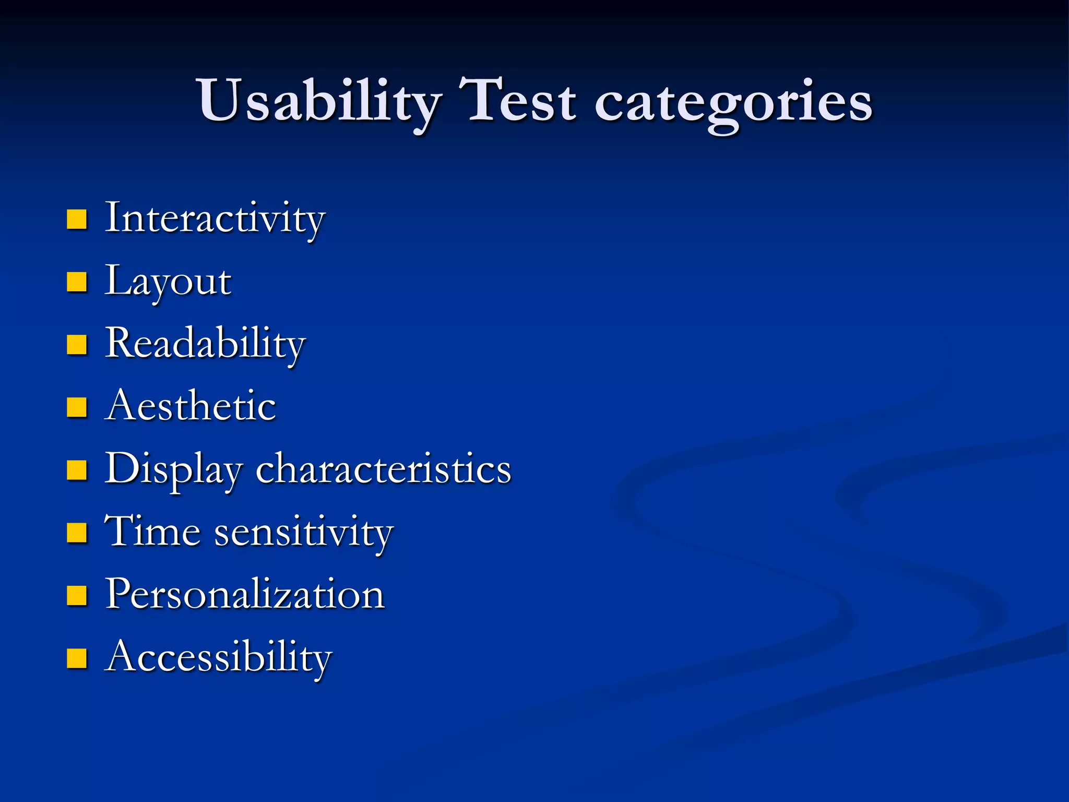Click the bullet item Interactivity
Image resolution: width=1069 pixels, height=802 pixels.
pyautogui.click(x=215, y=218)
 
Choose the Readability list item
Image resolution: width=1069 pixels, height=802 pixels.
pyautogui.click(x=205, y=344)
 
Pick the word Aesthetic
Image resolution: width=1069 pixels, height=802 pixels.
pyautogui.click(x=190, y=406)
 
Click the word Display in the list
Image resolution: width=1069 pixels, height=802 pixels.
pyautogui.click(x=173, y=469)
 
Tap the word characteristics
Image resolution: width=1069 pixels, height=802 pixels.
pyautogui.click(x=383, y=469)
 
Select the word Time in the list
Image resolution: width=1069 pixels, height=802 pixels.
pyautogui.click(x=152, y=532)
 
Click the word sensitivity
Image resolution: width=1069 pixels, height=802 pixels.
pyautogui.click(x=304, y=533)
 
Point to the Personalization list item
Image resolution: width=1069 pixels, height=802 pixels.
pyautogui.click(x=244, y=594)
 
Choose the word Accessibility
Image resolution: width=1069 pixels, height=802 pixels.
pyautogui.click(x=218, y=657)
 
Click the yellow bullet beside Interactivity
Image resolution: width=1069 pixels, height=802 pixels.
pyautogui.click(x=77, y=220)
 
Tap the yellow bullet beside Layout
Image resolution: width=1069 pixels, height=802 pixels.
pyautogui.click(x=77, y=282)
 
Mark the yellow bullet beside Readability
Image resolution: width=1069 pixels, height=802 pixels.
pyautogui.click(x=77, y=345)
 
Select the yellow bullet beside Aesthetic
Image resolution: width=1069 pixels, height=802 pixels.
pyautogui.click(x=77, y=407)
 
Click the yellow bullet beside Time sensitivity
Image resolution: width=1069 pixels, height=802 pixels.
pyautogui.click(x=77, y=533)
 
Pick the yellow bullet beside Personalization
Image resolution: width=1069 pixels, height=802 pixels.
pyautogui.click(x=77, y=595)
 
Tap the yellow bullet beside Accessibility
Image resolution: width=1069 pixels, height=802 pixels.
pyautogui.click(x=77, y=658)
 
